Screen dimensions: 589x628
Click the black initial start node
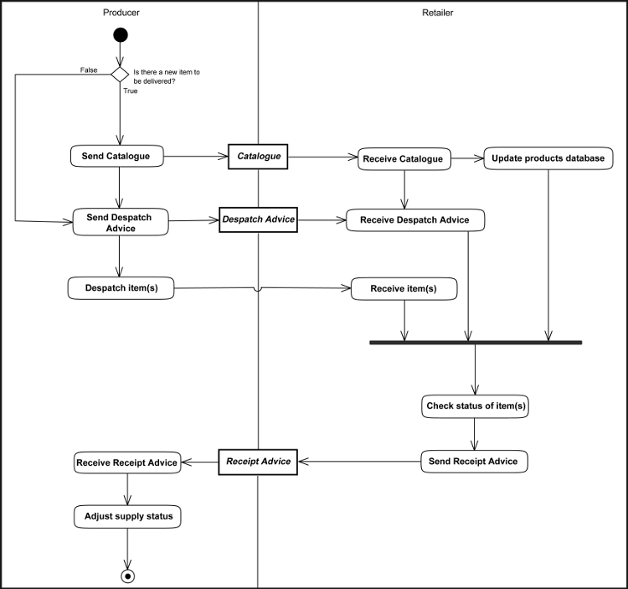tap(121, 34)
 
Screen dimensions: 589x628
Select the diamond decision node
tap(121, 75)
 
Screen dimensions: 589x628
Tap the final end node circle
tap(127, 576)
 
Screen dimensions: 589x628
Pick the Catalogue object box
tap(259, 156)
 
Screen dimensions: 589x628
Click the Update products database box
tap(548, 158)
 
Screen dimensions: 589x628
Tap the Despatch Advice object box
tap(258, 220)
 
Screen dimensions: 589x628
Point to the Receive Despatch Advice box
tap(415, 220)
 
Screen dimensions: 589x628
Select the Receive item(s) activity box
tap(404, 289)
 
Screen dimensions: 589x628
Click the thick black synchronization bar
tap(475, 343)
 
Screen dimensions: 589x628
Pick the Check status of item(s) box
tap(476, 406)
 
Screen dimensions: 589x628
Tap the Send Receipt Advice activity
tap(473, 461)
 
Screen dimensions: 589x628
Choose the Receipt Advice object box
tap(258, 462)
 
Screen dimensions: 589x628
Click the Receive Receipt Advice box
tap(126, 462)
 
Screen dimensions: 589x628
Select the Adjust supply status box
tap(128, 516)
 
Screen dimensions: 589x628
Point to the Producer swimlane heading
tap(121, 13)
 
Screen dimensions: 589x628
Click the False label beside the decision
tap(87, 69)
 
